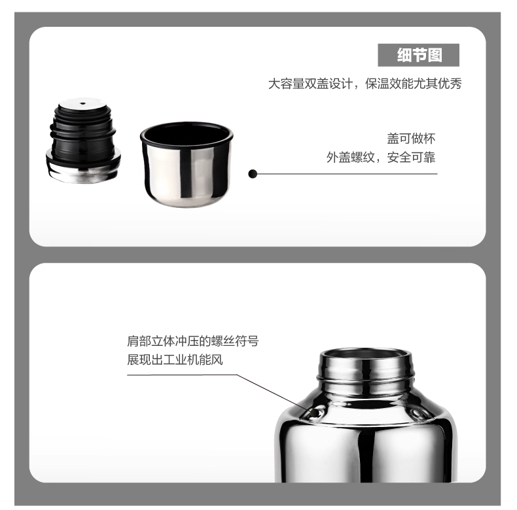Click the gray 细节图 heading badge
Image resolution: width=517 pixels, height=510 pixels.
418,55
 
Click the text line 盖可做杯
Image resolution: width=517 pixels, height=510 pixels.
411,139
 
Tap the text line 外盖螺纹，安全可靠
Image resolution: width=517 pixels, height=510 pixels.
381,157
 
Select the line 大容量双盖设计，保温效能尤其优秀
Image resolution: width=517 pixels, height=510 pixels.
365,84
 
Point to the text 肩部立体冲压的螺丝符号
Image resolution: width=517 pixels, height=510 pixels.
193,341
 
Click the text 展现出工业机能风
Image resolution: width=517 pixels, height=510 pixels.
175,360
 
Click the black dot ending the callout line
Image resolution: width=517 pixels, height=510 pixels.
253,174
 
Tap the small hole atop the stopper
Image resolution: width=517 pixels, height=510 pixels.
82,103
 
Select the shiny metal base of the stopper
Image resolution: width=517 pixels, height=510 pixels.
83,171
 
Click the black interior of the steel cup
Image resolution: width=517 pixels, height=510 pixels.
187,134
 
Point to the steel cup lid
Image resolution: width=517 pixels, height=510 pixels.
187,165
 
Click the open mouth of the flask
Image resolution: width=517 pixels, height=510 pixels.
366,354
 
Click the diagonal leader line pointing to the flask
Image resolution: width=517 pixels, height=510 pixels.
273,392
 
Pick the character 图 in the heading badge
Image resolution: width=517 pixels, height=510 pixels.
436,55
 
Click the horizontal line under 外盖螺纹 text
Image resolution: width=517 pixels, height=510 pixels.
348,174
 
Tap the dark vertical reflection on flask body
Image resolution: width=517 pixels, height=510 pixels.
366,454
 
